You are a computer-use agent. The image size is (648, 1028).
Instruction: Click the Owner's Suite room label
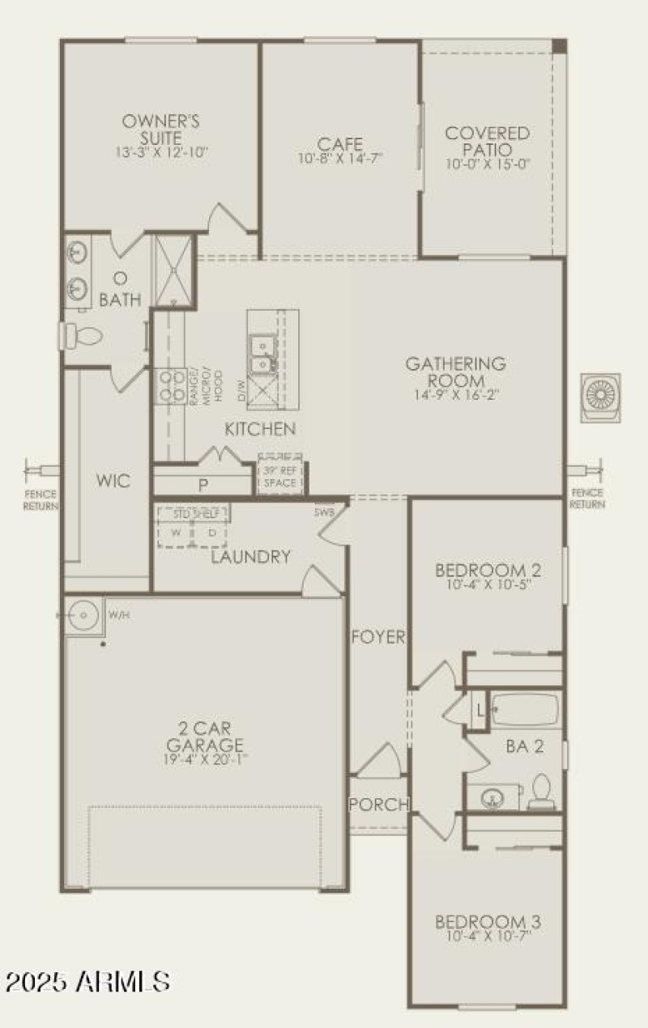click(161, 129)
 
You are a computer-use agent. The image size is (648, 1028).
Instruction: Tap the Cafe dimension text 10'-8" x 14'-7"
click(340, 159)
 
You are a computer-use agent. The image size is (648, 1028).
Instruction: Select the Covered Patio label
click(488, 141)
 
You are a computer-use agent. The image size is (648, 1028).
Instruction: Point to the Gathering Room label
click(456, 372)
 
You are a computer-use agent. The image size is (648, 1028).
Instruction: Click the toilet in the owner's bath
click(81, 333)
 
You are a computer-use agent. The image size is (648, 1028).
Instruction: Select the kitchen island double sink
click(263, 356)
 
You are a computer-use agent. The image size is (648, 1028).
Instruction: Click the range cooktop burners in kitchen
click(170, 387)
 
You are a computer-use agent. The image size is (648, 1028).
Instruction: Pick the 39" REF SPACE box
click(279, 475)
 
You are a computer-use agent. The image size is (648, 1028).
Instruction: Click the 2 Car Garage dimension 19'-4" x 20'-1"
click(204, 759)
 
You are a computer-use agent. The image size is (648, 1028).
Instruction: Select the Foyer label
click(377, 637)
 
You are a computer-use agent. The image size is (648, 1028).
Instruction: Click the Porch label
click(378, 804)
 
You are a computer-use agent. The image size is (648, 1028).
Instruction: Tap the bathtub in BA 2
click(524, 711)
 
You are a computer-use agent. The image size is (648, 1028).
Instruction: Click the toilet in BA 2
click(539, 791)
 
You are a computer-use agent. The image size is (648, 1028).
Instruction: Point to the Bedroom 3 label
click(488, 922)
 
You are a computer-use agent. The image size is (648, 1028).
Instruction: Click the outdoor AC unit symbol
click(601, 397)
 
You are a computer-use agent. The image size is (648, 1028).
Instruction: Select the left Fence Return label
click(40, 499)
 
